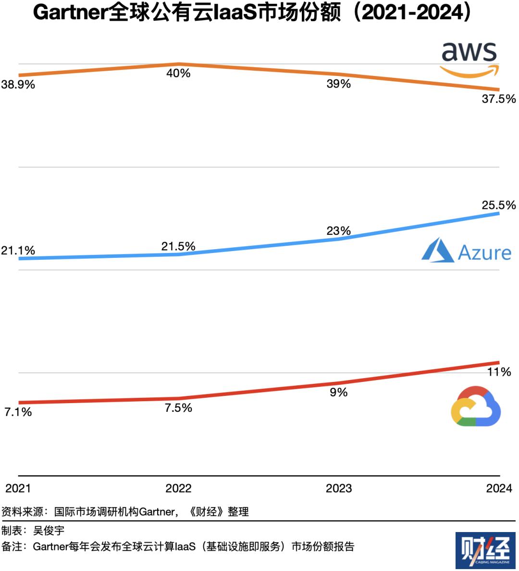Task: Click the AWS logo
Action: [x=470, y=59]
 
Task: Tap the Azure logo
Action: [x=466, y=251]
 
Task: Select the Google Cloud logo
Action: [x=476, y=406]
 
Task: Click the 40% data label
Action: [x=178, y=73]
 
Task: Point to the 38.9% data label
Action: [x=18, y=85]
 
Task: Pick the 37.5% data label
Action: [x=499, y=99]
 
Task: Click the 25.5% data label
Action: [x=499, y=205]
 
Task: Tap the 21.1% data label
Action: [x=18, y=250]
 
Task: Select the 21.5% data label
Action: [x=178, y=246]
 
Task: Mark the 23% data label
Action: [x=339, y=231]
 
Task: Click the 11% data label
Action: [x=499, y=372]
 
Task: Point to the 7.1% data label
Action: [x=18, y=412]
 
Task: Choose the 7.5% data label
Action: [x=178, y=408]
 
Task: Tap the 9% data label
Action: [x=339, y=393]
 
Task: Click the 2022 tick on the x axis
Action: [x=178, y=488]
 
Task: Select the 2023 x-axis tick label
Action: [x=339, y=488]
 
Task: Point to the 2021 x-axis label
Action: [x=18, y=488]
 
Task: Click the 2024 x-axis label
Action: [x=499, y=488]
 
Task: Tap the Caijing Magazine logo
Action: [x=485, y=550]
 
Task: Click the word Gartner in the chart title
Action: [x=70, y=13]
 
